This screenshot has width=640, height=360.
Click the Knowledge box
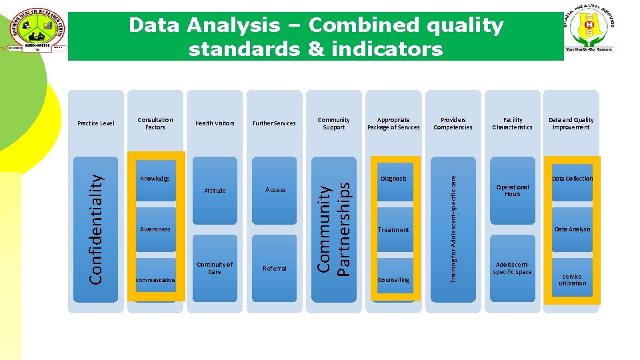[155, 179]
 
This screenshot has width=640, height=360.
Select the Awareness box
[155, 229]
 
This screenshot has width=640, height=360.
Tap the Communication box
[155, 280]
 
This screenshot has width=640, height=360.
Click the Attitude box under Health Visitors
[215, 191]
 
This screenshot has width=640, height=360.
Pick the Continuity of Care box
[215, 268]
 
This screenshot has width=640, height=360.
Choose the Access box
[275, 190]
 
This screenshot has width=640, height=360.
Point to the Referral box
[275, 268]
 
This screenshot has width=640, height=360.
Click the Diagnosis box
[393, 179]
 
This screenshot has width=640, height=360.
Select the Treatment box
[393, 229]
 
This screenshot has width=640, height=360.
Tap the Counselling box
[393, 280]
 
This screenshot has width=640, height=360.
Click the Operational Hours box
[512, 191]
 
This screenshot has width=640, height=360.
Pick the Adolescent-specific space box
[512, 268]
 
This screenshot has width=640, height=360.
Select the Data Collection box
[572, 179]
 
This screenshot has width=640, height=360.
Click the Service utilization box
[572, 280]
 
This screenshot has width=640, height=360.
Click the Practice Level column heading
[96, 123]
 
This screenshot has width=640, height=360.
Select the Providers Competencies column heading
[453, 123]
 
